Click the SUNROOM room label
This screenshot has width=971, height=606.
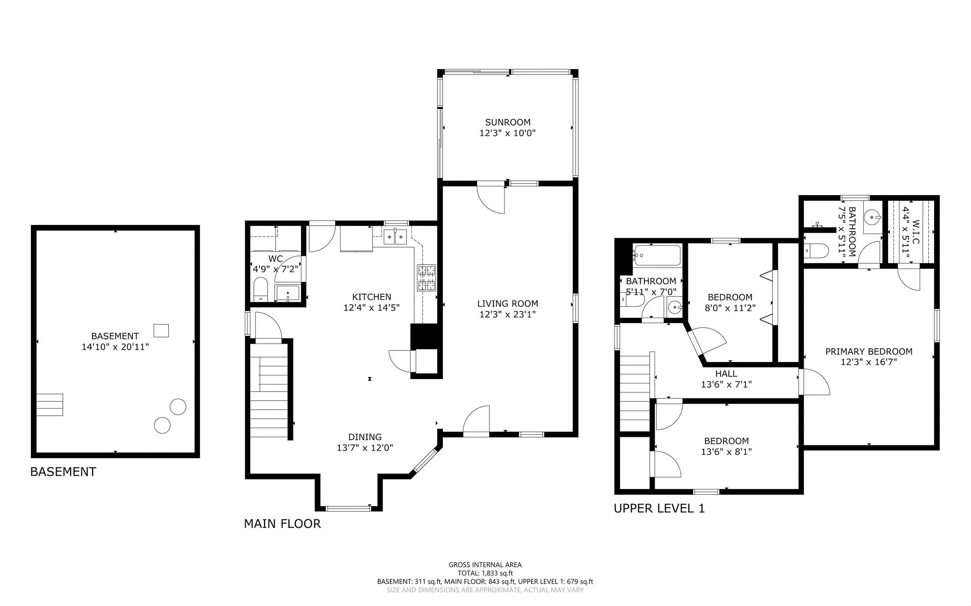tap(507, 122)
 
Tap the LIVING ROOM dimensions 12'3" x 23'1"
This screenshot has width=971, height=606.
tap(507, 314)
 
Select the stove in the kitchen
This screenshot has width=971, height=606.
tap(426, 278)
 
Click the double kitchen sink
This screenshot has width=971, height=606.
tap(395, 236)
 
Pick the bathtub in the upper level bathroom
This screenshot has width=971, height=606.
tap(657, 256)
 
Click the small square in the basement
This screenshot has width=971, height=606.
tap(161, 330)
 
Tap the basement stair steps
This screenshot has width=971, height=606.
tap(50, 405)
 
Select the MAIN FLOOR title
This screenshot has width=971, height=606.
tap(282, 524)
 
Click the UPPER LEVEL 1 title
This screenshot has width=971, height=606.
tap(659, 508)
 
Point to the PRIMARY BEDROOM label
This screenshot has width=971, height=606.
tap(869, 352)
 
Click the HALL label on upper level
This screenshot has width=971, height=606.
tap(726, 374)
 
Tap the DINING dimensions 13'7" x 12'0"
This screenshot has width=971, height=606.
tap(365, 448)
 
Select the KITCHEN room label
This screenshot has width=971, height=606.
tap(372, 297)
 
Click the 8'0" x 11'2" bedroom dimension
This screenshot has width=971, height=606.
tap(730, 307)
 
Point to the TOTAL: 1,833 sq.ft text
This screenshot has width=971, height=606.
tap(485, 573)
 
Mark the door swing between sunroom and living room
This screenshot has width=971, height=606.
tap(491, 199)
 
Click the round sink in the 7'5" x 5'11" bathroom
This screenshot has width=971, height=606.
tap(872, 217)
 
